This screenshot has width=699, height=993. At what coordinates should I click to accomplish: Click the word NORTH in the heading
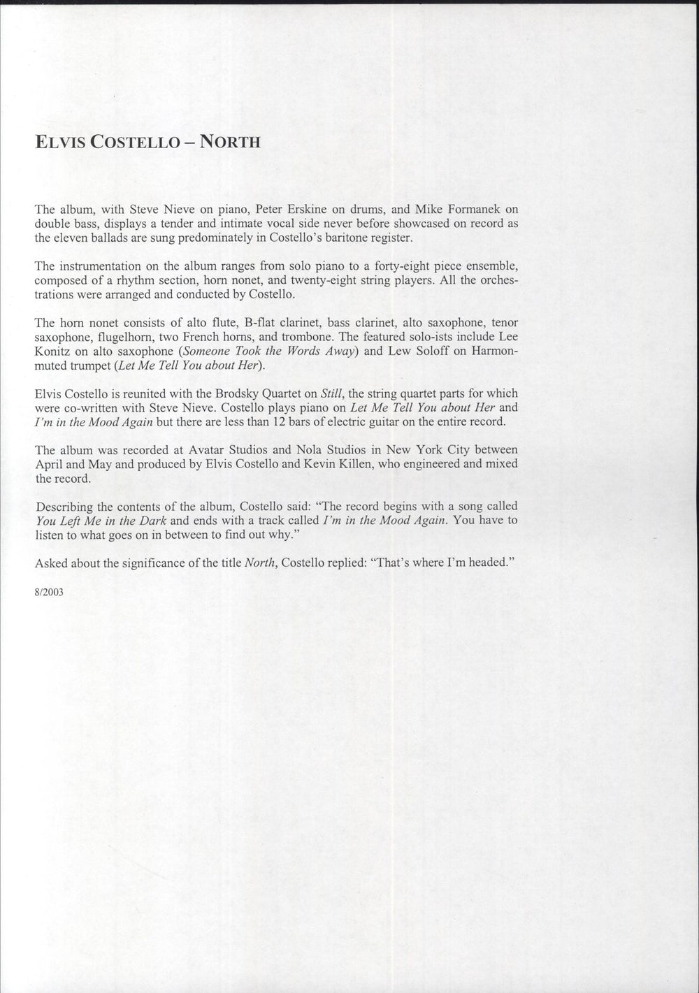pyautogui.click(x=231, y=142)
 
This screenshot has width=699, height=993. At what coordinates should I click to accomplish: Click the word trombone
pyautogui.click(x=291, y=336)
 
